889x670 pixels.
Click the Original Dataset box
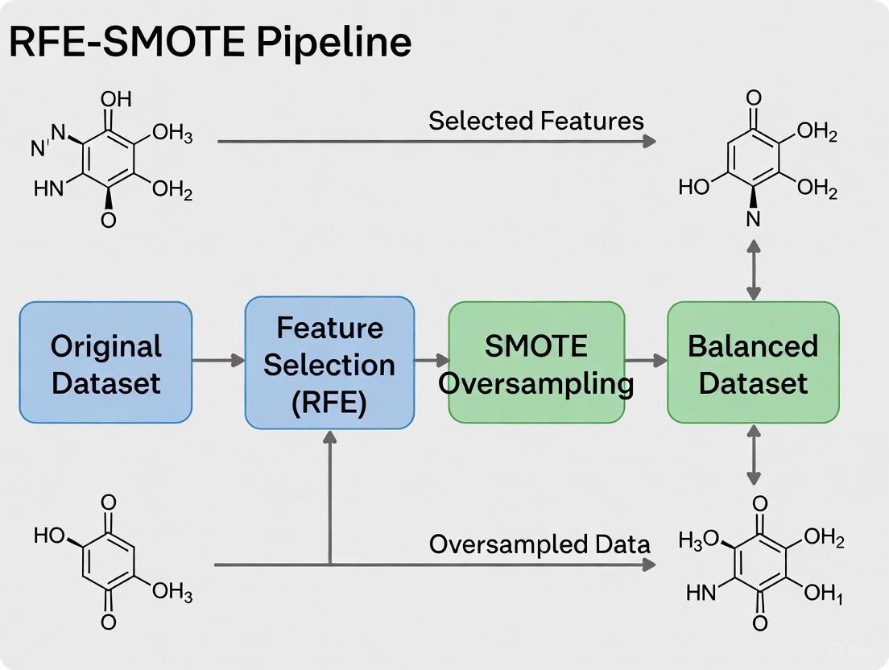pyautogui.click(x=105, y=362)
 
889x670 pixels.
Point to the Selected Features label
pyautogui.click(x=535, y=121)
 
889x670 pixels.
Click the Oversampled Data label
pyautogui.click(x=539, y=544)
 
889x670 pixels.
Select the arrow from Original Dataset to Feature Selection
pyautogui.click(x=218, y=361)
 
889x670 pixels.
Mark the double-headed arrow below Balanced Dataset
pyautogui.click(x=754, y=455)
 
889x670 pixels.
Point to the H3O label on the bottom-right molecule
pyautogui.click(x=701, y=540)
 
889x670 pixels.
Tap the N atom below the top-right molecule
pyautogui.click(x=753, y=219)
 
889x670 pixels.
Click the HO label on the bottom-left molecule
pyautogui.click(x=50, y=535)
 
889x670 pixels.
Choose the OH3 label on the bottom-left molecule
pyautogui.click(x=172, y=594)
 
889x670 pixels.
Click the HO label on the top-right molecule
pyautogui.click(x=694, y=188)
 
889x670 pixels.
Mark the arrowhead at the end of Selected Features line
pyautogui.click(x=648, y=141)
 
